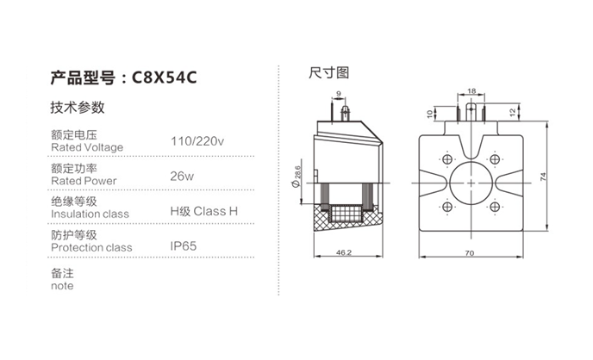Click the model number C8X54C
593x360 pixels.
(x=164, y=78)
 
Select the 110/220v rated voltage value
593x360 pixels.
(x=197, y=141)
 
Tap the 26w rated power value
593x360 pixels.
(x=182, y=176)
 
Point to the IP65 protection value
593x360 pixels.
(x=184, y=246)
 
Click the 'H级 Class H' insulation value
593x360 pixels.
(x=203, y=211)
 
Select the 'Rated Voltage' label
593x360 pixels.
(x=87, y=147)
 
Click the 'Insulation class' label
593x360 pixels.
(x=90, y=214)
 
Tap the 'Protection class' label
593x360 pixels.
(x=91, y=248)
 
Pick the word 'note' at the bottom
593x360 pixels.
(x=62, y=286)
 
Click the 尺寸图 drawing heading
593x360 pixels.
(x=328, y=73)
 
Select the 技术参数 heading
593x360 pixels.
(x=78, y=108)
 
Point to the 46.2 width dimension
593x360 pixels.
(x=344, y=252)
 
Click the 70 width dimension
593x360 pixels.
(x=470, y=252)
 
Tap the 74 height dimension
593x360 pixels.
(x=543, y=177)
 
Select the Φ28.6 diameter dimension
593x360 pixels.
(x=296, y=177)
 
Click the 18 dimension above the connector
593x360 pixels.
(x=471, y=91)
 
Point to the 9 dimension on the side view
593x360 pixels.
(x=339, y=93)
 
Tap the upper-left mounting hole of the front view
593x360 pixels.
(x=447, y=159)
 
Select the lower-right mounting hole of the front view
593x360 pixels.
(x=495, y=207)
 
